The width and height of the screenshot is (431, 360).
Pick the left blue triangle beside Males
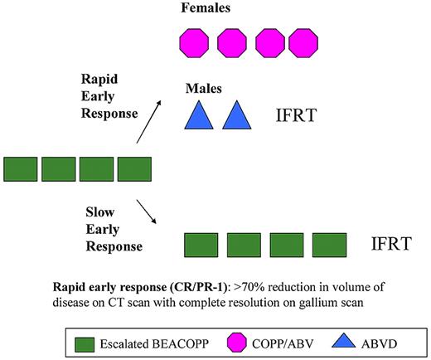click(197, 114)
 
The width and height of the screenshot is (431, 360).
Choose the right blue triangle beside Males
click(236, 114)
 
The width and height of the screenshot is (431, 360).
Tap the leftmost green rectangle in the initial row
click(21, 168)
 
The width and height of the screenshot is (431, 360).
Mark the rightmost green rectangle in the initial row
click(133, 168)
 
